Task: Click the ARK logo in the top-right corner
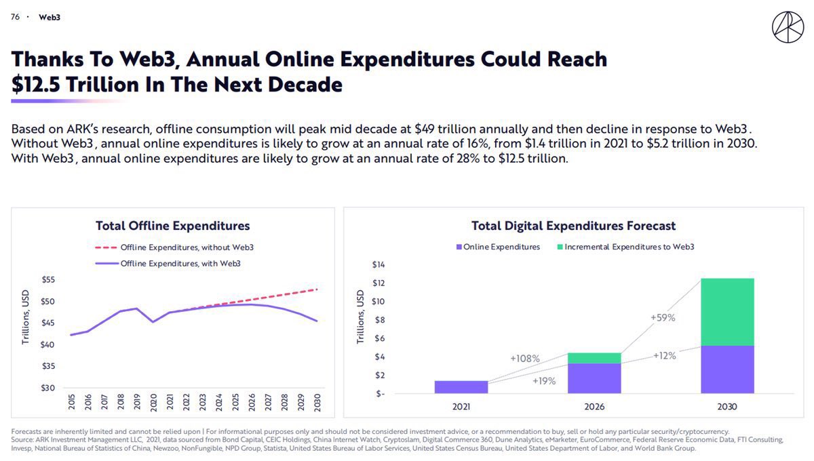coord(788,26)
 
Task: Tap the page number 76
coord(15,17)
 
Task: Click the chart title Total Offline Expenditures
coord(172,226)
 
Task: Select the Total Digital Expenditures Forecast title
coord(573,226)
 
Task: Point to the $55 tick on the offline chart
coord(49,279)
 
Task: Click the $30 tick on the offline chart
coord(49,388)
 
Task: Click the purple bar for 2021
coord(461,386)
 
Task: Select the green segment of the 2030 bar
coord(727,312)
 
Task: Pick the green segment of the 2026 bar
coord(594,358)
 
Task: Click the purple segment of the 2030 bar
coord(727,369)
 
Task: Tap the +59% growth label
coord(663,317)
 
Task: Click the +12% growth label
coord(664,356)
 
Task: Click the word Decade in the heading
coord(305,85)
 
